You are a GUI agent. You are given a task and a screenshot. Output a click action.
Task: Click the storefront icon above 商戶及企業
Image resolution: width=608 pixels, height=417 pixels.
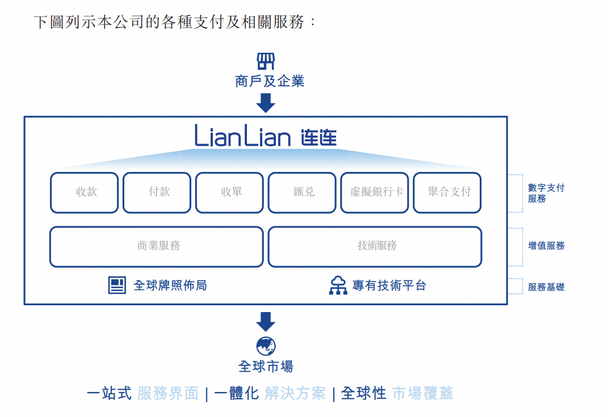pos(265,61)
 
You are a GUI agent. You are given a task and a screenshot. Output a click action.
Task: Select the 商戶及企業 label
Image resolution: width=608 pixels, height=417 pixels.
pos(270,81)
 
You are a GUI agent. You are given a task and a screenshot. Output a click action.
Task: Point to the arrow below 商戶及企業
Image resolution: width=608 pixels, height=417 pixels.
pos(265,103)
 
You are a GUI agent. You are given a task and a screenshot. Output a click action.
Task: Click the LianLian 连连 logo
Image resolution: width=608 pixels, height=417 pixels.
pos(266,137)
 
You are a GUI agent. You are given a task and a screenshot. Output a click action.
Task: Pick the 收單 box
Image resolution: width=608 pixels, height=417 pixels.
pos(229,192)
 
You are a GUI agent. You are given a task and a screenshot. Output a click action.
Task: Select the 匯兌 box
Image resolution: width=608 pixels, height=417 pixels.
pos(302,192)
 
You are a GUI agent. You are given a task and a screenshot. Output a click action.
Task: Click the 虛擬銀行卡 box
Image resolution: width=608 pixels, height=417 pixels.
pos(375,192)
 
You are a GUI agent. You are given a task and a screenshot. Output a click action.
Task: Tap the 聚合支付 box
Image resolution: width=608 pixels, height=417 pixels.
pos(447,192)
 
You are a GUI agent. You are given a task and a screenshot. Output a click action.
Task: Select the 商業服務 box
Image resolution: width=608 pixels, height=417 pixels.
pos(157,246)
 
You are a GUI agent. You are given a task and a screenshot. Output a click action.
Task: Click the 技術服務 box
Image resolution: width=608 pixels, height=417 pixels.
pos(375,246)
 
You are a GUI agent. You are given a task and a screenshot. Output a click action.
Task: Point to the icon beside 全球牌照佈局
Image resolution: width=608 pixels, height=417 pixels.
pos(117,285)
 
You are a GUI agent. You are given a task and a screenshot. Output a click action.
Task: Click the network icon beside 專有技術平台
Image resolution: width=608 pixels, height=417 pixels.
pos(338,285)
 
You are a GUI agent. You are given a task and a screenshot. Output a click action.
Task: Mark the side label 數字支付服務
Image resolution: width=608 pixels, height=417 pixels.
pos(546,193)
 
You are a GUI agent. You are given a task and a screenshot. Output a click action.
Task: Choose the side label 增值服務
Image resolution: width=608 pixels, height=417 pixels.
pos(546,246)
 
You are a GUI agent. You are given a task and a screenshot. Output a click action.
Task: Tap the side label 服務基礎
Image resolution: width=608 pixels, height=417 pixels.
pos(546,287)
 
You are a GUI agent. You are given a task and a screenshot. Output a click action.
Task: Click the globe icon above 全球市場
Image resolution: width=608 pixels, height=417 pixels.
pos(265,346)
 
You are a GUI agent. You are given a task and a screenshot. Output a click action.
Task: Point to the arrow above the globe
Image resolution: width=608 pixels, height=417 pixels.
pos(265,322)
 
